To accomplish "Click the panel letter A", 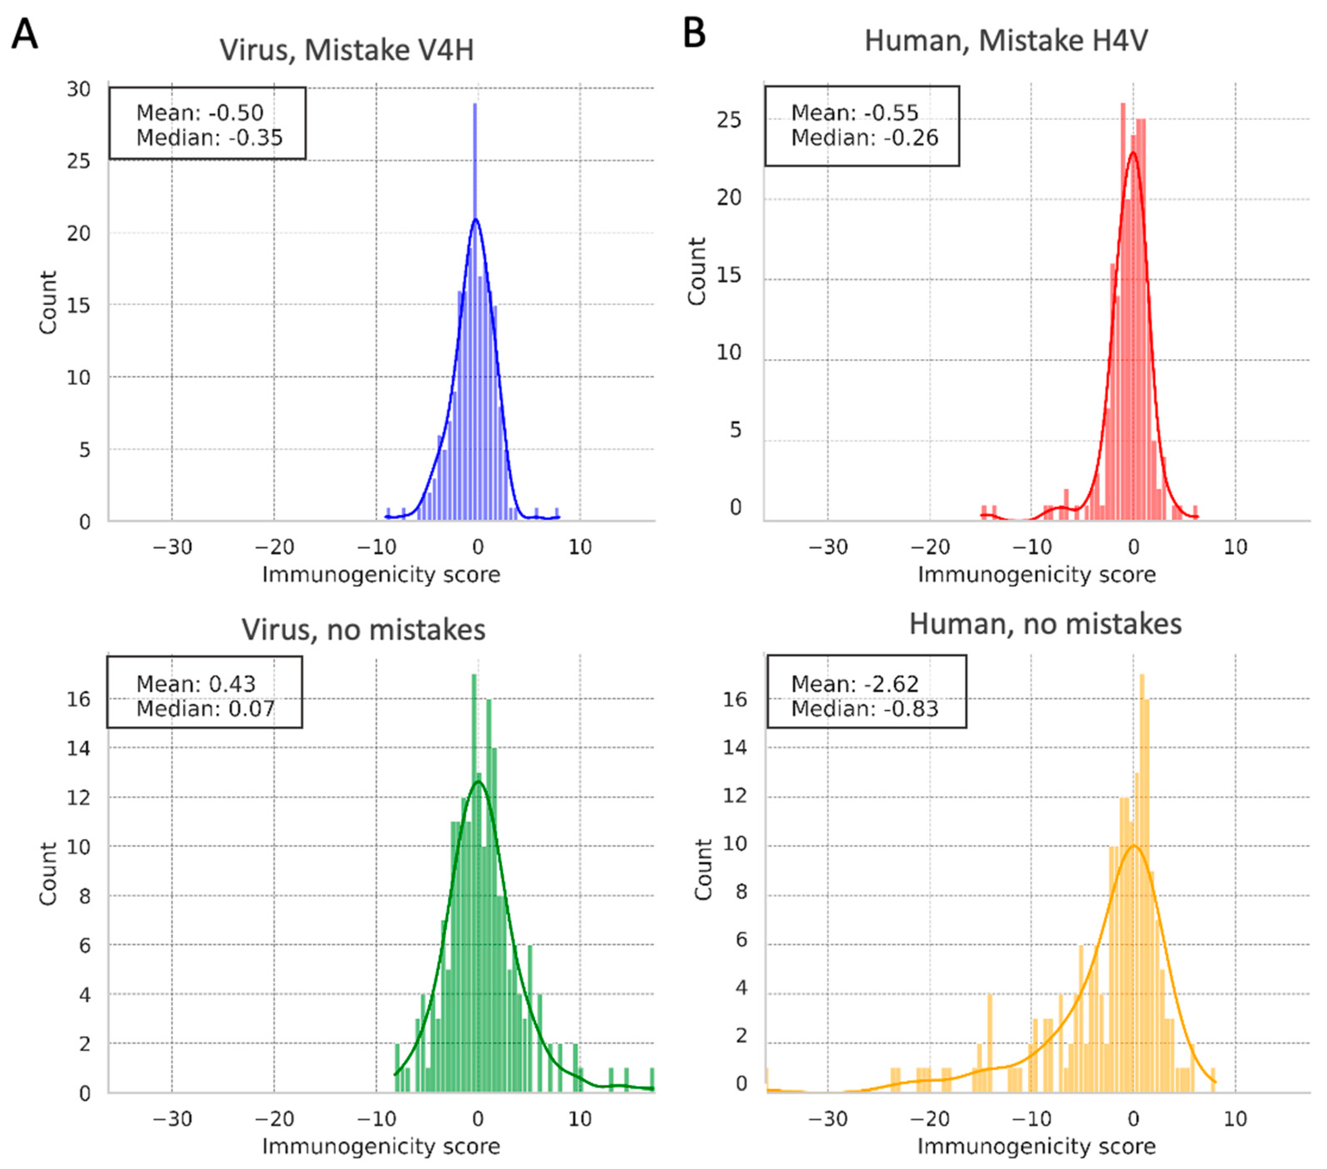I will [25, 34].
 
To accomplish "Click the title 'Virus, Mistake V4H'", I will [347, 50].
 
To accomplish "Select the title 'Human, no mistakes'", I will [1045, 624].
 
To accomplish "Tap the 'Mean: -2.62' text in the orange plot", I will [854, 684].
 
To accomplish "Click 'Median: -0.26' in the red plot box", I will [864, 137].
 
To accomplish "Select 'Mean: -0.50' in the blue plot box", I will [199, 113].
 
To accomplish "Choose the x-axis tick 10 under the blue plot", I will [580, 547].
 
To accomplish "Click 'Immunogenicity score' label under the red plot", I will [1036, 574].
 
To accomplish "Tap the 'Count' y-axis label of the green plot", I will [48, 874].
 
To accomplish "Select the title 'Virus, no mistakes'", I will [363, 630].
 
